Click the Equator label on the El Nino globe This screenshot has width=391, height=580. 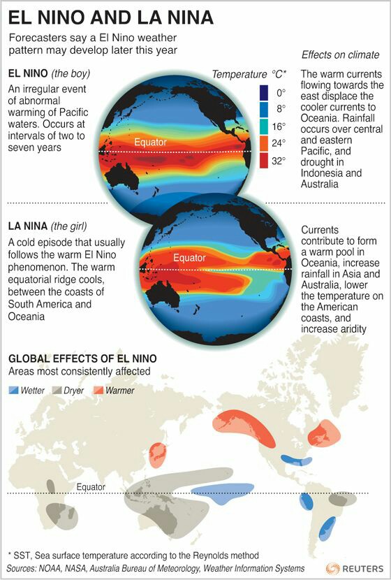click(x=150, y=143)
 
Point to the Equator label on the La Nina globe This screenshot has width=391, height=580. click(x=189, y=258)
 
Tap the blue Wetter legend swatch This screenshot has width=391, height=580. click(x=16, y=391)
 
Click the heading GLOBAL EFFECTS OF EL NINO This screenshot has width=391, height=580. click(x=82, y=358)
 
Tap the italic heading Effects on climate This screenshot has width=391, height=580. click(x=340, y=55)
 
